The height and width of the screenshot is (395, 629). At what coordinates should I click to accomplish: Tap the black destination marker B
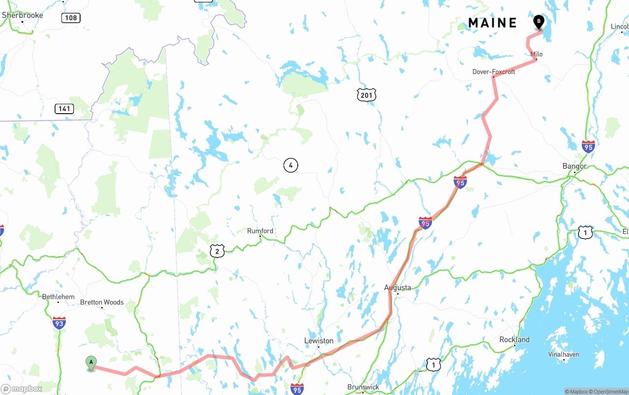(x=539, y=22)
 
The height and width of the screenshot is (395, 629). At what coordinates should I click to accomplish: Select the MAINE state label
(x=492, y=23)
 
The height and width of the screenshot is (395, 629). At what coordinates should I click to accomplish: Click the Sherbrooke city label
(x=23, y=15)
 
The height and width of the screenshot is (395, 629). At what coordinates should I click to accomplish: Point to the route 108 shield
(x=71, y=18)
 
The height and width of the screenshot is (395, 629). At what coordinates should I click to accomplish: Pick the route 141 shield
(x=64, y=109)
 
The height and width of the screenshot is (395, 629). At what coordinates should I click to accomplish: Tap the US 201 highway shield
(x=367, y=94)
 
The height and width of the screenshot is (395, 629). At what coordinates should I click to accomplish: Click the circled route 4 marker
(x=291, y=165)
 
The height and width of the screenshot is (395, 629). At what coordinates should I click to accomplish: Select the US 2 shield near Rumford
(x=217, y=251)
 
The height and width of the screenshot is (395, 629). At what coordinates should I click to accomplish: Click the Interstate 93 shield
(x=59, y=323)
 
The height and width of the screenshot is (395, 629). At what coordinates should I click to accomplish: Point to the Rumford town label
(x=260, y=231)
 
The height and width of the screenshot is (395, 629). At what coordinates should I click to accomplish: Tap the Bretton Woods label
(x=102, y=302)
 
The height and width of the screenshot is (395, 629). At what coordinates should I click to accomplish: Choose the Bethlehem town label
(x=58, y=297)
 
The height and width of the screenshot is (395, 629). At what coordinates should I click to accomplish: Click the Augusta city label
(x=398, y=287)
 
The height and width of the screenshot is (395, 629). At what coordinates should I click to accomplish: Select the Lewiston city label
(x=319, y=340)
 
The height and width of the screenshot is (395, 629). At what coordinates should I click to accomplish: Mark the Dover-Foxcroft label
(x=494, y=72)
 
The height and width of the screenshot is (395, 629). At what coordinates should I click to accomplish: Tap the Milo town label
(x=537, y=54)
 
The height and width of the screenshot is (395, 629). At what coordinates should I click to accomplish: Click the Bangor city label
(x=574, y=166)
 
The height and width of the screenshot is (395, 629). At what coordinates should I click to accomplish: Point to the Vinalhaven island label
(x=564, y=354)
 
